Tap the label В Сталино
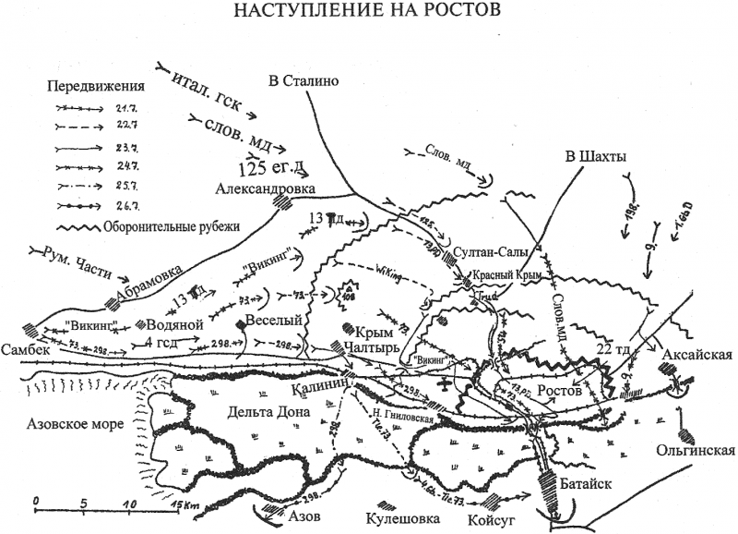304,80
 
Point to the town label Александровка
265,188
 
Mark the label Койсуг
490,519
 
